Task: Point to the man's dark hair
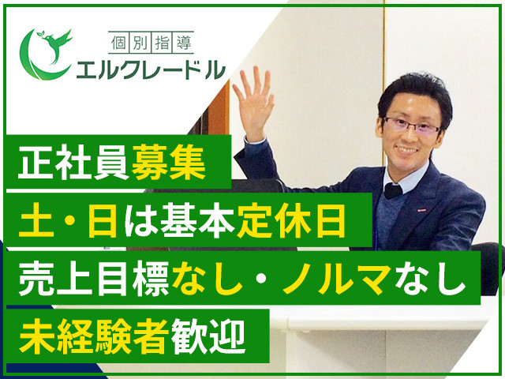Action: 414,91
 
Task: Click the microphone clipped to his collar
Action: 393,189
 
